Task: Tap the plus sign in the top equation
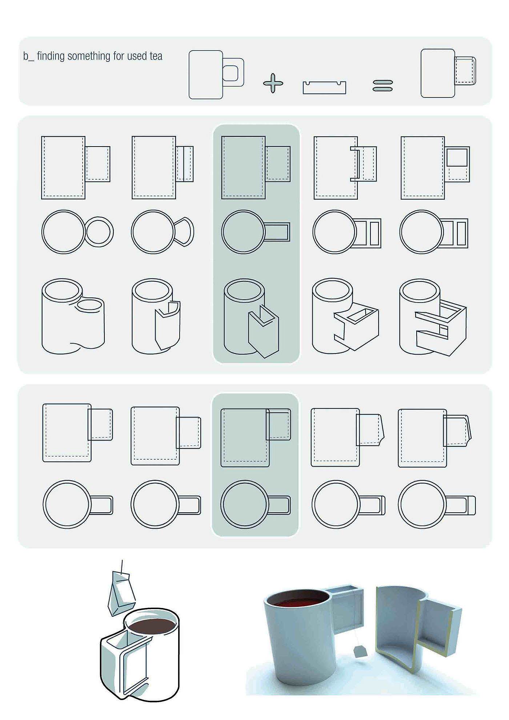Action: tap(273, 83)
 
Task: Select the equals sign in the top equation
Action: tap(383, 85)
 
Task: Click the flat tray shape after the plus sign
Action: tap(324, 88)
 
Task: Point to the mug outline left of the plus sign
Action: tap(216, 75)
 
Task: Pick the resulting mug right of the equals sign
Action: tap(448, 73)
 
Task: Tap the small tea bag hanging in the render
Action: tap(360, 651)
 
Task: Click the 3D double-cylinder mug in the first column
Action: tap(73, 316)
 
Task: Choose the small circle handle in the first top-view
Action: tap(99, 232)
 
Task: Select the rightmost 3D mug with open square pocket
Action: tap(433, 317)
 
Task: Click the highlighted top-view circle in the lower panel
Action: tap(245, 504)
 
